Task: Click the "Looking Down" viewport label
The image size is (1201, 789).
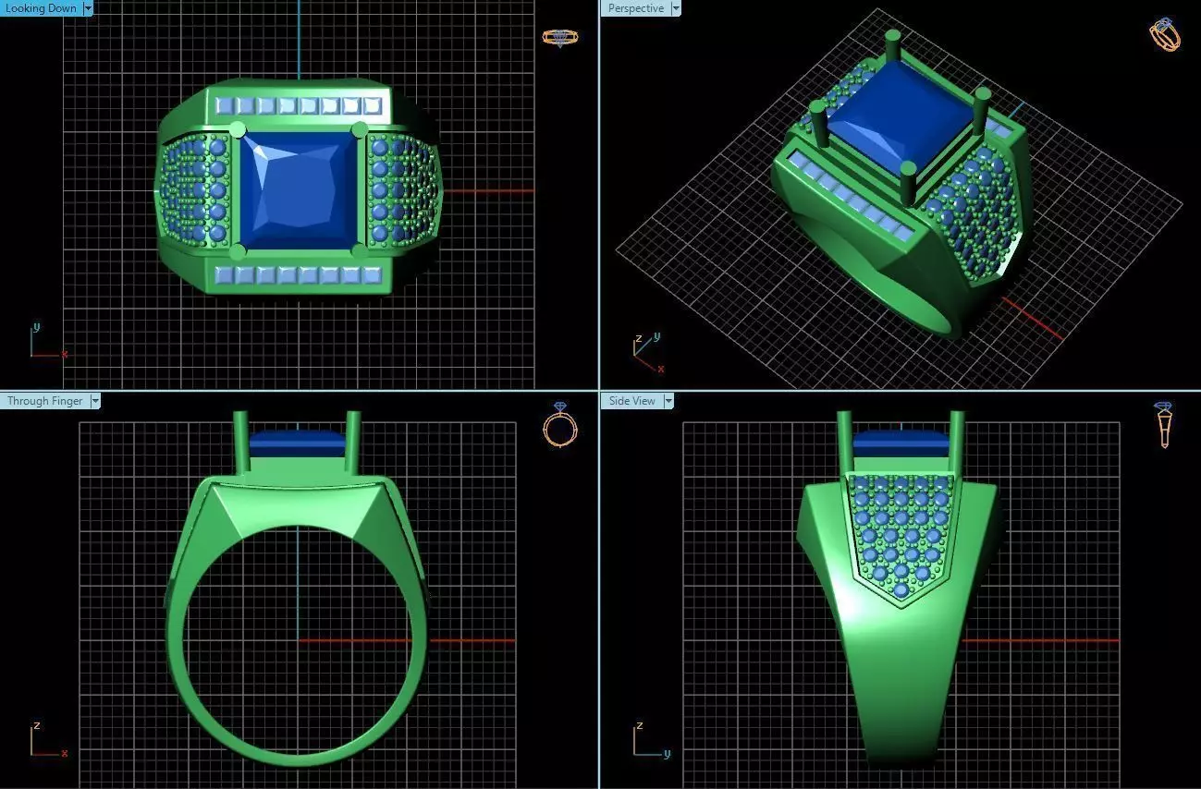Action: point(41,8)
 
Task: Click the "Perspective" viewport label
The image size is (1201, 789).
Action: point(635,8)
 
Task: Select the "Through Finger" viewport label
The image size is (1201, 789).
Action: point(44,401)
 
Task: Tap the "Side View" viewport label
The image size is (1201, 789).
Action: point(631,401)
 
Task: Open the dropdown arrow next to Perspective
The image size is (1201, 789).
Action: point(675,8)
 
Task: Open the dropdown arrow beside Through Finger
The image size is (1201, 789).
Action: point(94,401)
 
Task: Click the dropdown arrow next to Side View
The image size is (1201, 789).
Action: point(668,401)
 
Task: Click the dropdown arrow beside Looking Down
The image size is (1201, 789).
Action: point(88,8)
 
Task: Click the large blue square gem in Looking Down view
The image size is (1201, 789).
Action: point(298,190)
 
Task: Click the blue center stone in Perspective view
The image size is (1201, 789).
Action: point(887,115)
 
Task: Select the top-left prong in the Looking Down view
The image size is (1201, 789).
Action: point(237,129)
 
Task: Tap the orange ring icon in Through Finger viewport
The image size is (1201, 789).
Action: point(559,425)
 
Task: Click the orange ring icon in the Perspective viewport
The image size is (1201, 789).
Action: point(1164,34)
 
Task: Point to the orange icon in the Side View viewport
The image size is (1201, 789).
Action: point(1164,424)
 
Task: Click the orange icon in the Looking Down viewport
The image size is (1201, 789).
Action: point(559,38)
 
